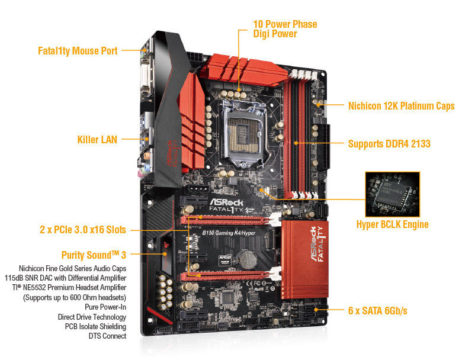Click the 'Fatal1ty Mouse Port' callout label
(78, 51)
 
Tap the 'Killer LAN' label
(97, 139)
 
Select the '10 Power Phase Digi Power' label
(285, 29)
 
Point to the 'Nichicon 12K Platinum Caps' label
(402, 106)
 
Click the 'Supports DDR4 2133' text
(389, 144)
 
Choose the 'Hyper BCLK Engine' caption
(393, 224)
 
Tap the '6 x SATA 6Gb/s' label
(378, 310)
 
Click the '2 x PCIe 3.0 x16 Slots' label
(83, 230)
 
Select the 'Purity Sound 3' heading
(94, 255)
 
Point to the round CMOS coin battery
(247, 259)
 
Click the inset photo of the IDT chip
(393, 194)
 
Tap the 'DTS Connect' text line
(108, 336)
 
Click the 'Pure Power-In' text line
(105, 307)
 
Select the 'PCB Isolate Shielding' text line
(95, 326)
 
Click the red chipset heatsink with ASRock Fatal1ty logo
(304, 259)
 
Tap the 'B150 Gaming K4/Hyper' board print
(229, 233)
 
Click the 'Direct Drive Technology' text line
(92, 317)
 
